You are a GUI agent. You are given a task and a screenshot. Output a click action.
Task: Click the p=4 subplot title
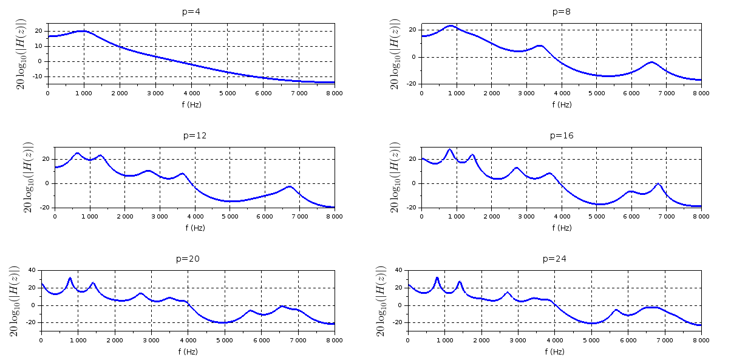pyautogui.click(x=191, y=12)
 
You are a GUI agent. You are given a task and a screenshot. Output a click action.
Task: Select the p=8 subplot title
pyautogui.click(x=561, y=12)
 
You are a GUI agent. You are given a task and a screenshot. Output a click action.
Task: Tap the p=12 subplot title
pyautogui.click(x=194, y=135)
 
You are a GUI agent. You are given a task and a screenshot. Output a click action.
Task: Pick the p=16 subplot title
pyautogui.click(x=561, y=135)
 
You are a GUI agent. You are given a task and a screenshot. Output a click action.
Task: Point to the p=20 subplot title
pyautogui.click(x=187, y=259)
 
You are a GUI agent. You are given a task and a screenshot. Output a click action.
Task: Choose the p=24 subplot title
pyautogui.click(x=554, y=259)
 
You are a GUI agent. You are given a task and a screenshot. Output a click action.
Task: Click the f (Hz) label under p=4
pyautogui.click(x=191, y=104)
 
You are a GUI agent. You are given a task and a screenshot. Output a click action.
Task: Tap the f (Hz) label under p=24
pyautogui.click(x=554, y=352)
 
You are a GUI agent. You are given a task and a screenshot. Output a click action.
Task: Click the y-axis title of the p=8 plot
pyautogui.click(x=395, y=54)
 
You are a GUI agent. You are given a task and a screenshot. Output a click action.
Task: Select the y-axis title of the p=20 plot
pyautogui.click(x=16, y=301)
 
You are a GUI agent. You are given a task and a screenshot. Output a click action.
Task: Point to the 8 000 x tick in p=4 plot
pyautogui.click(x=334, y=93)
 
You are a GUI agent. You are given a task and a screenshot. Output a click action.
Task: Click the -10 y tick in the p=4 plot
pyautogui.click(x=38, y=76)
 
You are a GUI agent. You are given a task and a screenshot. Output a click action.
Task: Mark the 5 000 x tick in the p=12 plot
pyautogui.click(x=229, y=216)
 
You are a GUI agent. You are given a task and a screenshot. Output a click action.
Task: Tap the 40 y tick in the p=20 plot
pyautogui.click(x=32, y=270)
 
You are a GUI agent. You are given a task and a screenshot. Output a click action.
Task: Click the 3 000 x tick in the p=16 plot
pyautogui.click(x=526, y=216)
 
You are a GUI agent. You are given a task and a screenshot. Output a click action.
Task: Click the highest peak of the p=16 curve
pyautogui.click(x=450, y=149)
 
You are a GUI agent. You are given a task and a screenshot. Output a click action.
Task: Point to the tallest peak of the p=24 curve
pyautogui.click(x=437, y=278)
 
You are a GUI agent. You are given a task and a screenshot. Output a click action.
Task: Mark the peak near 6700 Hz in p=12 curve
pyautogui.click(x=290, y=186)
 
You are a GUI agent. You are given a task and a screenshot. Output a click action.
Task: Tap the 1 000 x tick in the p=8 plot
pyautogui.click(x=456, y=93)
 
